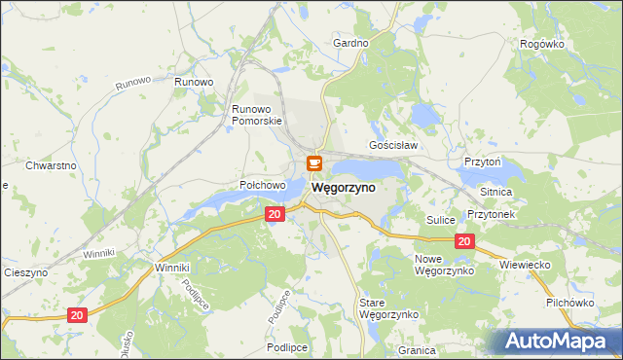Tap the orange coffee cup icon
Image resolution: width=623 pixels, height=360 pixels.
coord(314,163)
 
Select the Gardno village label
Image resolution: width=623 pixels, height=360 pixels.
coord(350,44)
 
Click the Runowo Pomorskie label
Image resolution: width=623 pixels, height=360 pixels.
coord(257,115)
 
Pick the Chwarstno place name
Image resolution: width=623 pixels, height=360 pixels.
coord(52,165)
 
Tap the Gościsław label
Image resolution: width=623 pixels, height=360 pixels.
coord(393,145)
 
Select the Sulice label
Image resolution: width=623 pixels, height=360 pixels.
coord(441,221)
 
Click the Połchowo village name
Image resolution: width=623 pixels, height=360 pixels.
coord(262,185)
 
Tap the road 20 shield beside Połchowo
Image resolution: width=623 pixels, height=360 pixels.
coord(275,214)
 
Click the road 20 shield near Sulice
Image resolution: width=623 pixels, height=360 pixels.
coord(464,242)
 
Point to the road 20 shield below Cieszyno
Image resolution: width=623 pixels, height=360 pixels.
coord(78,314)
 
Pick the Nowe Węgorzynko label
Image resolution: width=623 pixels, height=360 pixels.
coord(443,265)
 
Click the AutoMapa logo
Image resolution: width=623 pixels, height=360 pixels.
coord(558,342)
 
